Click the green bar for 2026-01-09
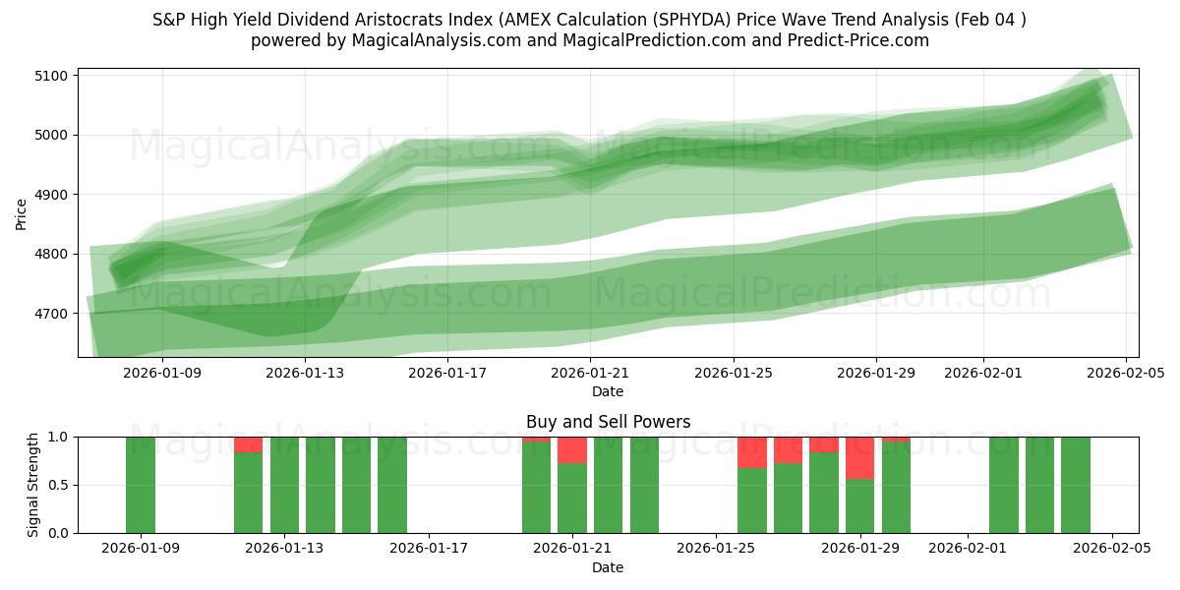[x=141, y=485]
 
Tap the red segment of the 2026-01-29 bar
[x=860, y=457]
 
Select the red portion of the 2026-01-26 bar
[x=752, y=452]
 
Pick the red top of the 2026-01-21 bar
[x=572, y=450]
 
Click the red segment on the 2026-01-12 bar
[x=249, y=444]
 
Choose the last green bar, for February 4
[x=1076, y=485]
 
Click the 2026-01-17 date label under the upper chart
[x=448, y=373]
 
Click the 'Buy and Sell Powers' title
[x=608, y=422]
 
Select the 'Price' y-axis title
[x=22, y=213]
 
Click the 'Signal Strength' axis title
[x=33, y=485]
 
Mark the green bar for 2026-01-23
[x=644, y=485]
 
